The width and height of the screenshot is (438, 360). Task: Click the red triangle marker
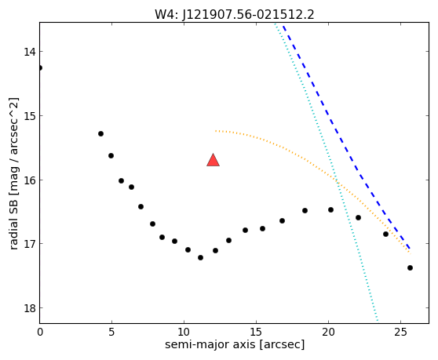tap(214, 160)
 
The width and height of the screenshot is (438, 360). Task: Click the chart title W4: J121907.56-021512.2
tap(235, 15)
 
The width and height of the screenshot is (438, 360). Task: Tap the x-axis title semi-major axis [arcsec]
tap(235, 344)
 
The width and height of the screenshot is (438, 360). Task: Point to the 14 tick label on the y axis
tap(29, 52)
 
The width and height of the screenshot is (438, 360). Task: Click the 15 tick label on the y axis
tap(29, 116)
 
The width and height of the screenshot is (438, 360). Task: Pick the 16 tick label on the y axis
tap(29, 180)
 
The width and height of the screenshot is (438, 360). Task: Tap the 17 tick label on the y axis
tap(29, 244)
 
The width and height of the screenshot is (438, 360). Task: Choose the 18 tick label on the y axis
tap(29, 308)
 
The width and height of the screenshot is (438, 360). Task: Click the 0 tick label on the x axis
tap(40, 333)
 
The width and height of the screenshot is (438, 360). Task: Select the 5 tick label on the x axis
tap(111, 333)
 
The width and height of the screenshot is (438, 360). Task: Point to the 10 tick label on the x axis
tap(184, 333)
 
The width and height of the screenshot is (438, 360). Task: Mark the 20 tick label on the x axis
tap(328, 333)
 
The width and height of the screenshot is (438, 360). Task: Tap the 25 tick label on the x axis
tap(400, 333)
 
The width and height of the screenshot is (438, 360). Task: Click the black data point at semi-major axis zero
tap(40, 67)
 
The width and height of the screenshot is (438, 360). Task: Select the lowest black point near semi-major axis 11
tap(201, 257)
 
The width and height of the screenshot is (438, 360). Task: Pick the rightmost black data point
tap(410, 268)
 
